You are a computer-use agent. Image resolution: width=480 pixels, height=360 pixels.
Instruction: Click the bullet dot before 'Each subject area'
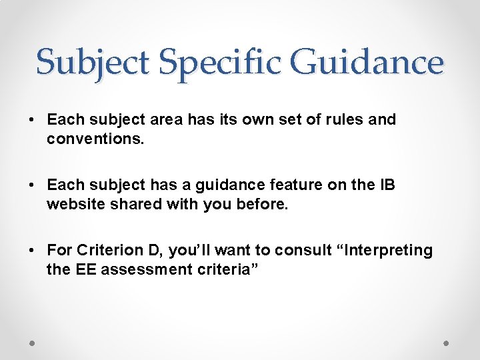point(31,121)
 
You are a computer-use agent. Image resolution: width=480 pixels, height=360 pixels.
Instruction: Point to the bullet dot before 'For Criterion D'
point(31,251)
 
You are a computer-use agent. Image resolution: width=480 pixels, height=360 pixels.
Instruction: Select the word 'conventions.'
point(91,140)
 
